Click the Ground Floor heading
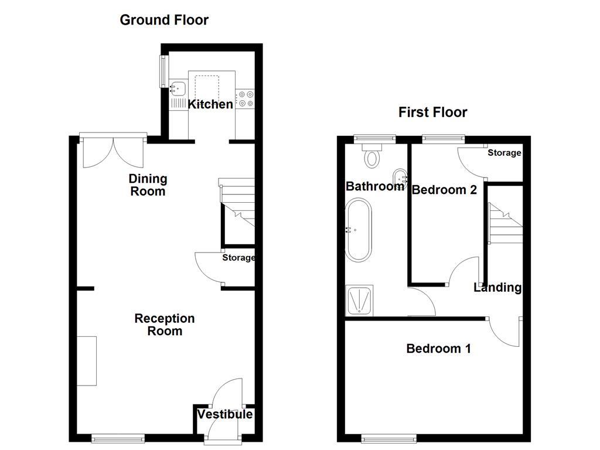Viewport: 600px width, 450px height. tap(164, 20)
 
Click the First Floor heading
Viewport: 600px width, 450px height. tap(433, 112)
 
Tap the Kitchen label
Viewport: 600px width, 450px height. tap(210, 105)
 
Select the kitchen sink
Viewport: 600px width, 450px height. tap(178, 89)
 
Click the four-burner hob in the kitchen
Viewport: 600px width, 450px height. tap(245, 98)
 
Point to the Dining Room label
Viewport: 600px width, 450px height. tap(148, 185)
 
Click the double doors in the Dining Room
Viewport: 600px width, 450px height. tap(113, 151)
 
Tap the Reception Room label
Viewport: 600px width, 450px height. tap(164, 325)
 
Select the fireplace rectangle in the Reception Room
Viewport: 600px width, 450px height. tap(87, 360)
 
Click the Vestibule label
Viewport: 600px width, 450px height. tap(225, 415)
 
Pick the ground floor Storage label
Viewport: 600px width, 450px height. tap(238, 258)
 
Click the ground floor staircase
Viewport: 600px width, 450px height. tap(237, 205)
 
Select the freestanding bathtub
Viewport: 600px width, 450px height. tap(357, 230)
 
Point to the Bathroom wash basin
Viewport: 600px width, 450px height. tap(400, 175)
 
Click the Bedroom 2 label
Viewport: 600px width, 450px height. tap(444, 190)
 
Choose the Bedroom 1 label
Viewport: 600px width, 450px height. tap(438, 349)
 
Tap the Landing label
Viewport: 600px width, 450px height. tap(497, 287)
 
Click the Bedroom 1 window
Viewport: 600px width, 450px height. tap(389, 438)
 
